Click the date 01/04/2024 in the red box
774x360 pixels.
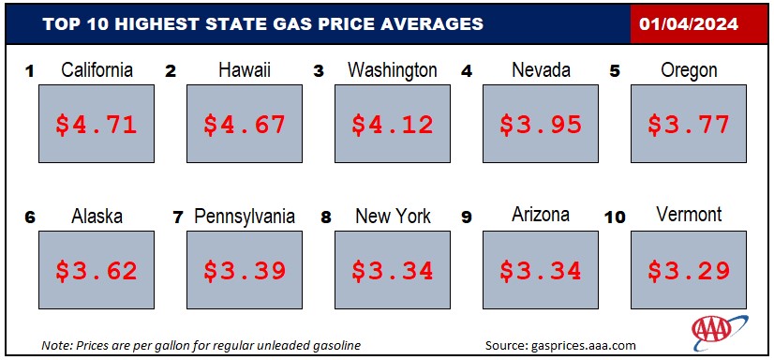pyautogui.click(x=689, y=23)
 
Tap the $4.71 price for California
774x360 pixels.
pyautogui.click(x=97, y=125)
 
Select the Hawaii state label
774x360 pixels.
pyautogui.click(x=245, y=70)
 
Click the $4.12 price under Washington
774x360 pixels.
pyautogui.click(x=393, y=125)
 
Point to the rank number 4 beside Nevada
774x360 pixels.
pyautogui.click(x=467, y=71)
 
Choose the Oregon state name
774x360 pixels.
pyautogui.click(x=689, y=70)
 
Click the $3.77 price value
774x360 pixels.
pyautogui.click(x=689, y=125)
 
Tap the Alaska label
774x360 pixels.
pyautogui.click(x=97, y=216)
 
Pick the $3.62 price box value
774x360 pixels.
pyautogui.click(x=97, y=271)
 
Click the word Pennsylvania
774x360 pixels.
pyautogui.click(x=245, y=217)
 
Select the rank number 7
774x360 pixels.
pyautogui.click(x=178, y=217)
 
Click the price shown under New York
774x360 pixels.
pyautogui.click(x=393, y=271)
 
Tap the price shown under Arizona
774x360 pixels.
pyautogui.click(x=541, y=271)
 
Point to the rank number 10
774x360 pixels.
pyautogui.click(x=615, y=217)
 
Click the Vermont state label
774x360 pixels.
pyautogui.click(x=689, y=215)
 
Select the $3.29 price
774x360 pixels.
pyautogui.click(x=689, y=271)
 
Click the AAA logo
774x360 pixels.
pyautogui.click(x=720, y=330)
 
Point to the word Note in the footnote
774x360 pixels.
pyautogui.click(x=53, y=345)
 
